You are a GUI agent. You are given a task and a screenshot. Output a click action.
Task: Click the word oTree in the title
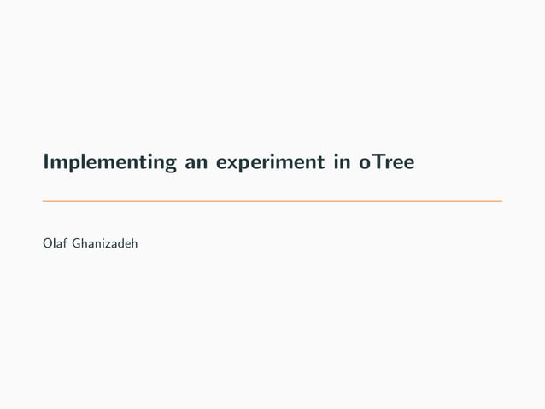point(387,161)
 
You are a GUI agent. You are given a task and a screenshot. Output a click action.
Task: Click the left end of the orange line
point(44,202)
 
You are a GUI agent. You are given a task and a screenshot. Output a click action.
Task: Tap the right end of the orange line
point(501,202)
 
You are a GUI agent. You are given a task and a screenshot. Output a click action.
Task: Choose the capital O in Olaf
point(47,245)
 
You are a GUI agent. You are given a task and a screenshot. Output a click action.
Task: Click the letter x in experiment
point(231,162)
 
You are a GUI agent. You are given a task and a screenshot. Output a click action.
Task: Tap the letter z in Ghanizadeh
point(112,246)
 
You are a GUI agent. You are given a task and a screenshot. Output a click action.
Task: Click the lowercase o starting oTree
point(366,162)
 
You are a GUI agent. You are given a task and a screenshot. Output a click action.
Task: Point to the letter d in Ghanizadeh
point(126,245)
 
